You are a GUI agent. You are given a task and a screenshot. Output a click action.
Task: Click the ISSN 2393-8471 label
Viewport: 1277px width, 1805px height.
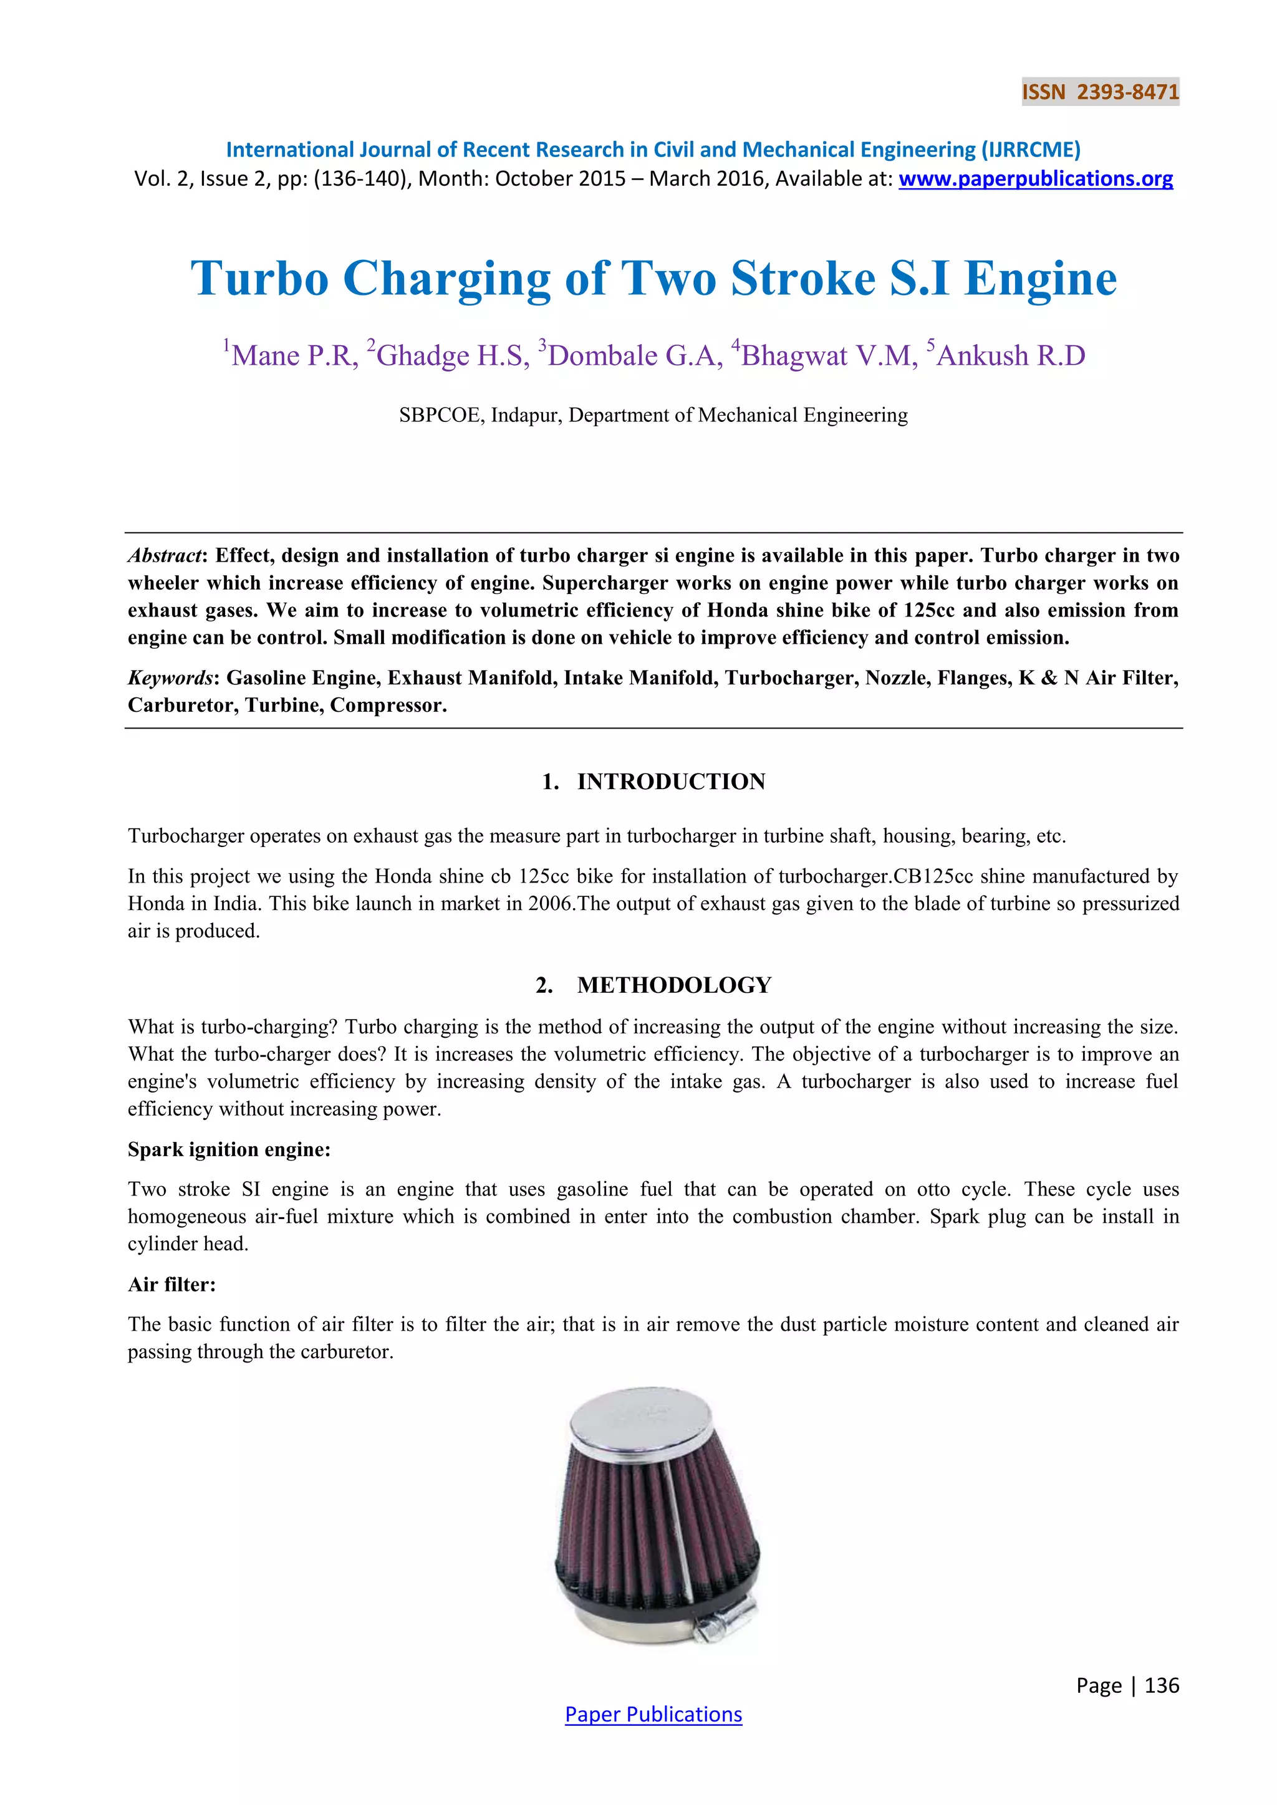1100,92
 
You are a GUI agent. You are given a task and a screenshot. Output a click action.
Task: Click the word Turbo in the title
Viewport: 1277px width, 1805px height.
259,279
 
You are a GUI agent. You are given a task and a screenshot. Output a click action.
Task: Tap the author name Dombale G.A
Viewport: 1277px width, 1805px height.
633,355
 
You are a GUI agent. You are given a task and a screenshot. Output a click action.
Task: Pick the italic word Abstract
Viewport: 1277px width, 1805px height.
165,556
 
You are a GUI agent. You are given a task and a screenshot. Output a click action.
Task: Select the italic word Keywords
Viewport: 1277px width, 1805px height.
170,677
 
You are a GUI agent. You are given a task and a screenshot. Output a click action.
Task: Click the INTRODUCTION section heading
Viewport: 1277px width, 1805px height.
671,782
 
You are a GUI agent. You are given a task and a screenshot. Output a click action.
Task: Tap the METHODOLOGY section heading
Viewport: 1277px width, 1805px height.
674,985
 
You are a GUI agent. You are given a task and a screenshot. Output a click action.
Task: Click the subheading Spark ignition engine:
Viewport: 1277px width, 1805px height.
229,1149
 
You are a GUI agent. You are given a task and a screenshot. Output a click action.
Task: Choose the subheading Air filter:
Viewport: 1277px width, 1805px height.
171,1285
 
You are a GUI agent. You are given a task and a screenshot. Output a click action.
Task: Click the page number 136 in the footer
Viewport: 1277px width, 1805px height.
1162,1685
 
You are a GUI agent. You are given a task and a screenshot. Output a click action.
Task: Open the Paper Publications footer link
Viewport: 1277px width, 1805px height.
653,1715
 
